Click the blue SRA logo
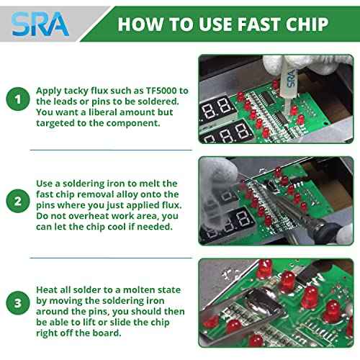(40, 24)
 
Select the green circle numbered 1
(18, 99)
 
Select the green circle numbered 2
(18, 201)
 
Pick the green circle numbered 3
(18, 303)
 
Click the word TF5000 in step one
(161, 91)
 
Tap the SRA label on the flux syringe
(291, 78)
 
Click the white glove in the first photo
(303, 64)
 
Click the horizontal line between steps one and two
(111, 150)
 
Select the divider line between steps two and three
(111, 258)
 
